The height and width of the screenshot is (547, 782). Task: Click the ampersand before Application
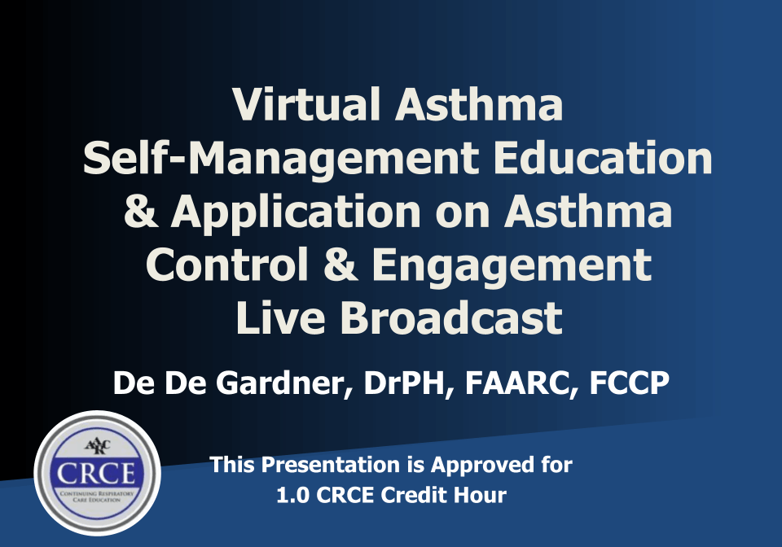click(x=142, y=211)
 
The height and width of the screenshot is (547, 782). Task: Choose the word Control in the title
click(x=227, y=264)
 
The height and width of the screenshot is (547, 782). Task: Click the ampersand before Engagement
click(x=340, y=264)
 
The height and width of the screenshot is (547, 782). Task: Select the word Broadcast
click(x=452, y=317)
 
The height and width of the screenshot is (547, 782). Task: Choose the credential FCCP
click(x=629, y=383)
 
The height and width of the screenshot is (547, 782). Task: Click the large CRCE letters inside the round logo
click(x=96, y=473)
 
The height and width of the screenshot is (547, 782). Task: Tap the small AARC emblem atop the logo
click(x=97, y=445)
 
